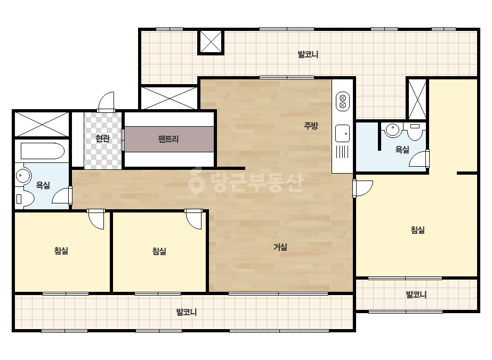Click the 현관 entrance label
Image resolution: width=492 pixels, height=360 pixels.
102,138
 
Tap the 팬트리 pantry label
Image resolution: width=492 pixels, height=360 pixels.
168,138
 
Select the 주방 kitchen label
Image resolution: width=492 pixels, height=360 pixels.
311,126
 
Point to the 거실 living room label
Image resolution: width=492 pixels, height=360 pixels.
280,247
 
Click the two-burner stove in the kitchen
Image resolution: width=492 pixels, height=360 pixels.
343,101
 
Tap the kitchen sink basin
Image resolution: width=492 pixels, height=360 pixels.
342,133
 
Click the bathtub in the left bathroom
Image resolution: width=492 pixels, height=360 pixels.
42,151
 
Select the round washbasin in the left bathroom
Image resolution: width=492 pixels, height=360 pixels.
22,176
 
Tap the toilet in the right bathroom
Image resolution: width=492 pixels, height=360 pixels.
415,132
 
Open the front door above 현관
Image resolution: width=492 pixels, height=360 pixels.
106,101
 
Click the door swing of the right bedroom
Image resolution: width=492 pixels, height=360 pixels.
362,188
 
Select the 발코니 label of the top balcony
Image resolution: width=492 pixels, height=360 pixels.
308,54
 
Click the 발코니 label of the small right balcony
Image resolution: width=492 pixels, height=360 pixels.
416,294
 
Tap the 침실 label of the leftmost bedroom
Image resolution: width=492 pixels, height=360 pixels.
61,250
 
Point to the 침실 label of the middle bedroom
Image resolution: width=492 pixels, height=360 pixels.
159,251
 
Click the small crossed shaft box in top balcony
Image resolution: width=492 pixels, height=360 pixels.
211,42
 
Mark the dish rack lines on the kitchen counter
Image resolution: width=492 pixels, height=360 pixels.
342,151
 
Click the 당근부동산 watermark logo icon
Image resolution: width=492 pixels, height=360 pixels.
196,181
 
